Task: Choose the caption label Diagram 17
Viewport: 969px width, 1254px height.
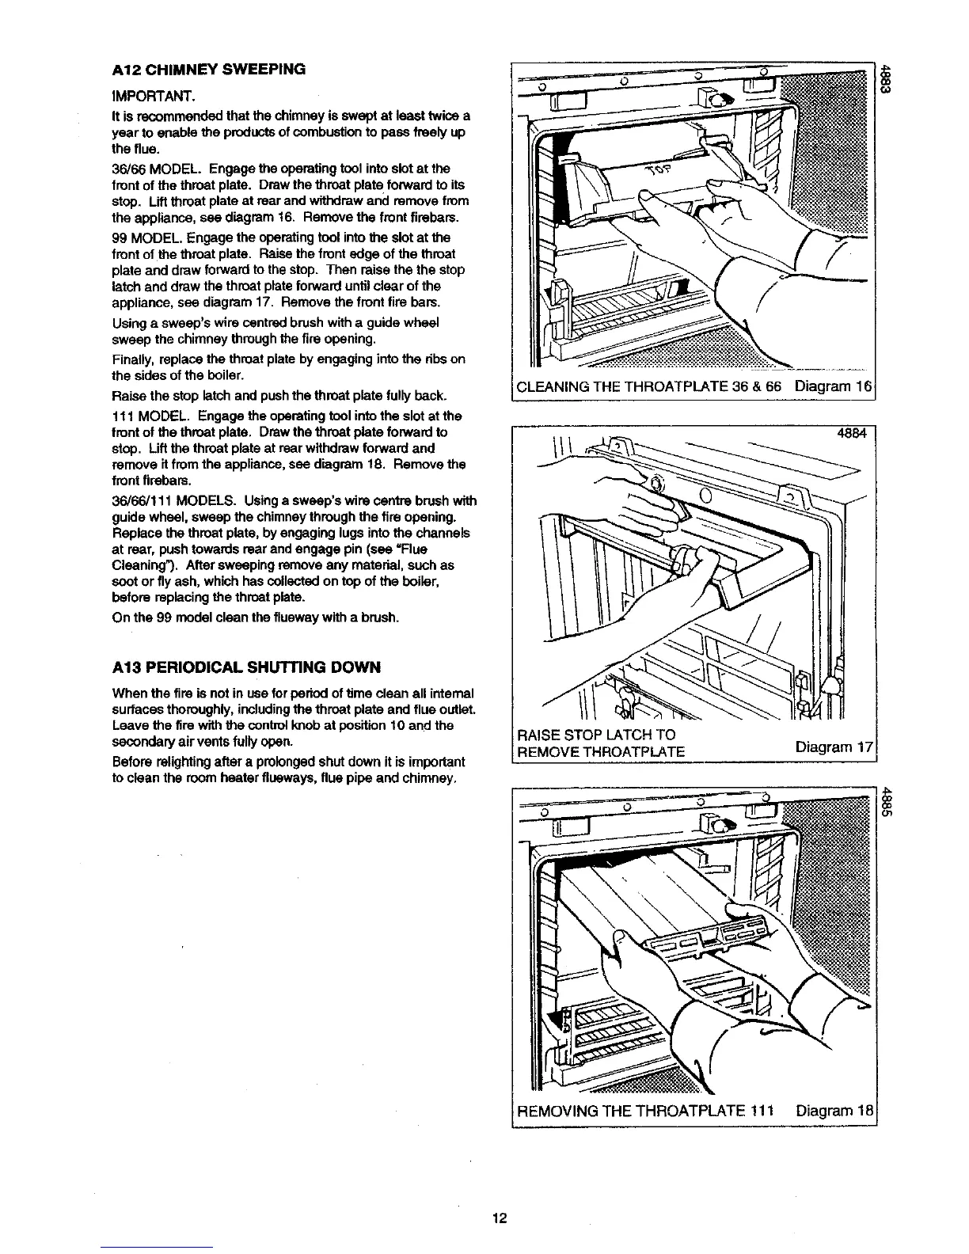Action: coord(834,747)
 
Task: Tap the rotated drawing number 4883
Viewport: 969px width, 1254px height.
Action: coord(887,78)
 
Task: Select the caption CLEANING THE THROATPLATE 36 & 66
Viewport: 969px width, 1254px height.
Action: coord(649,387)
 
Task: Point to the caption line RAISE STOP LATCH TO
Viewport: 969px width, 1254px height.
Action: coord(595,734)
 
